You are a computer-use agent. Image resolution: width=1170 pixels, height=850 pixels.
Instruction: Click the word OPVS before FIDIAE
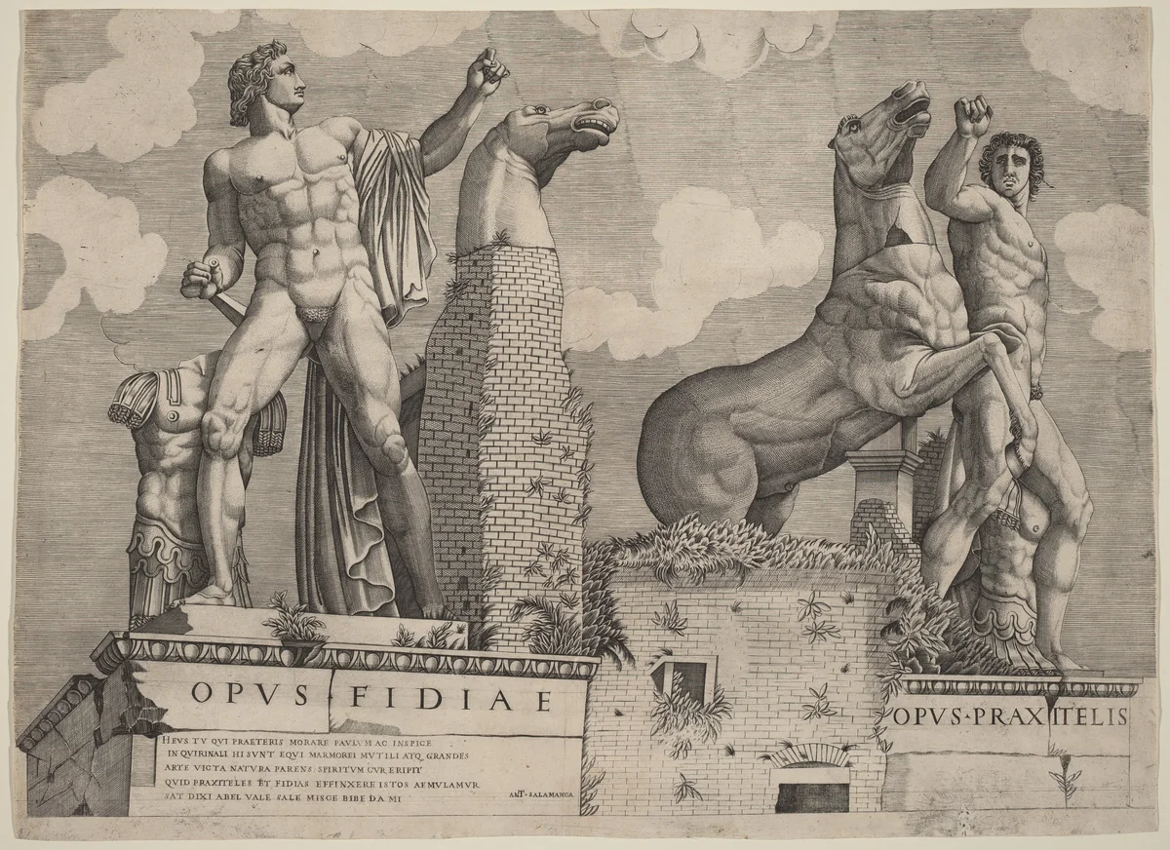[x=252, y=694]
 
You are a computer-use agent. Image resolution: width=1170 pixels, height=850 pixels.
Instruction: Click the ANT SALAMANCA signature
[x=540, y=793]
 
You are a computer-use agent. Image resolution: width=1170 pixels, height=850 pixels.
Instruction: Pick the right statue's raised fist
[x=971, y=115]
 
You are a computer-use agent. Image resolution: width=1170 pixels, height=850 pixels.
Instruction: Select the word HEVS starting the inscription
[x=173, y=738]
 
